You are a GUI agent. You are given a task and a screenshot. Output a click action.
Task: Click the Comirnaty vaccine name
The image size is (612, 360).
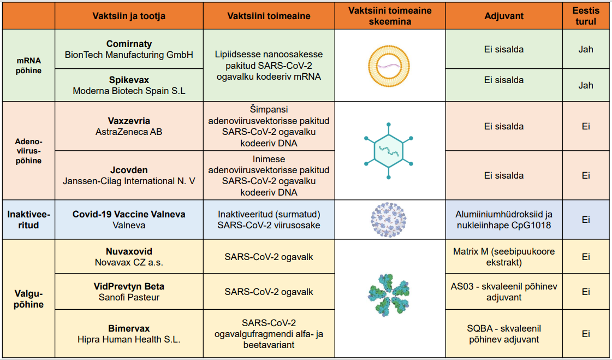[129, 44]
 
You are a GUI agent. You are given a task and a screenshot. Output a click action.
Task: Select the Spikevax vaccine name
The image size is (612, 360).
[129, 80]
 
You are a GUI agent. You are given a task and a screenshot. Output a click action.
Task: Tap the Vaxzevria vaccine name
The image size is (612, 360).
[129, 121]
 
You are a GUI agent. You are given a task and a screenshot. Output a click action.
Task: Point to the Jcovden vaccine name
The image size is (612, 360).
[129, 170]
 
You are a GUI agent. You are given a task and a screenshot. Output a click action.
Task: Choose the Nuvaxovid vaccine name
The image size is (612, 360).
[129, 251]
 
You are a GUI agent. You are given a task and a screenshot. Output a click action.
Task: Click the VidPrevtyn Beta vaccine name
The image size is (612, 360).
[129, 286]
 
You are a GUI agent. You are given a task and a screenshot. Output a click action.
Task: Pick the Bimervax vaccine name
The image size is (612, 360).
[129, 328]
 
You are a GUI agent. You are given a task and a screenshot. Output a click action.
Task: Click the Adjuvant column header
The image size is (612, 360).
[504, 16]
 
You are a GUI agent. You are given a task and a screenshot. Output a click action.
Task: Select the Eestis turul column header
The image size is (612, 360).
[586, 16]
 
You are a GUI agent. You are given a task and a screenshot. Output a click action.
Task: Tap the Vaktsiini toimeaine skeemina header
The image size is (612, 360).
[390, 16]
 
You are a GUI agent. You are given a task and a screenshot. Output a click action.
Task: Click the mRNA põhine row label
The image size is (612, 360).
[28, 66]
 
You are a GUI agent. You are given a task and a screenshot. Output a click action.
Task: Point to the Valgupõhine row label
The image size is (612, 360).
[28, 299]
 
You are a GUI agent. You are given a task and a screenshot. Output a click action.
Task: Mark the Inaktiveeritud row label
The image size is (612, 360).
[28, 220]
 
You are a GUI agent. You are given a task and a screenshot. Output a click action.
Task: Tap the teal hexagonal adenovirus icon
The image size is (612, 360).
[389, 151]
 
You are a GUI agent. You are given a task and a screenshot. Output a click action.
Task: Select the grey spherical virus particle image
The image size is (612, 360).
[389, 220]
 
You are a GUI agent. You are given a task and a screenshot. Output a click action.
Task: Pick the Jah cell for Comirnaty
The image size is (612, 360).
[586, 49]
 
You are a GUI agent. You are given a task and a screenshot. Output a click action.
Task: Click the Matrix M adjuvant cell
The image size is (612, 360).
[504, 257]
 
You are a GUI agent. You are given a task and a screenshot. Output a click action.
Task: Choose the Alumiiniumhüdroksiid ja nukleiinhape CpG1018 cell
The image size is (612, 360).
[504, 220]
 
